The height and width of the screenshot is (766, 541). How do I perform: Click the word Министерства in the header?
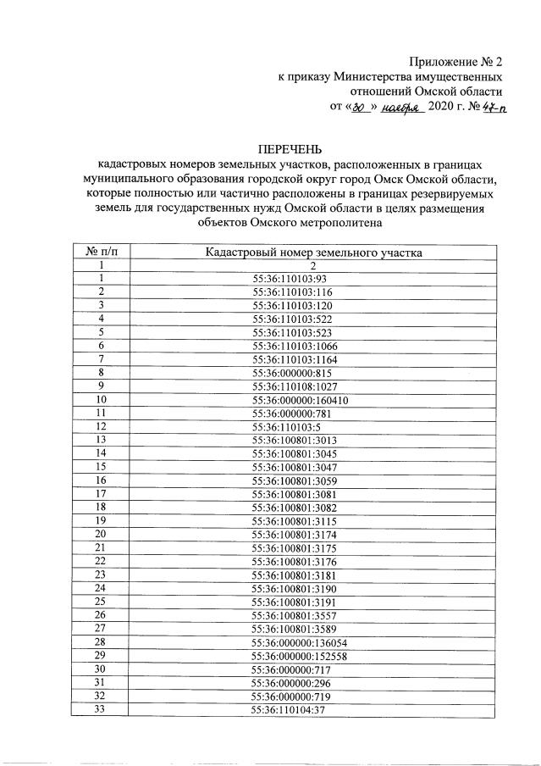(378, 76)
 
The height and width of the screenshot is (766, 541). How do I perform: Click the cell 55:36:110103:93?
(290, 277)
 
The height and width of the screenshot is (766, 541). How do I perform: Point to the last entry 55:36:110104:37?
(290, 709)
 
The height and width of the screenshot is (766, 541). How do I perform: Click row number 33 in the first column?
(101, 709)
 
